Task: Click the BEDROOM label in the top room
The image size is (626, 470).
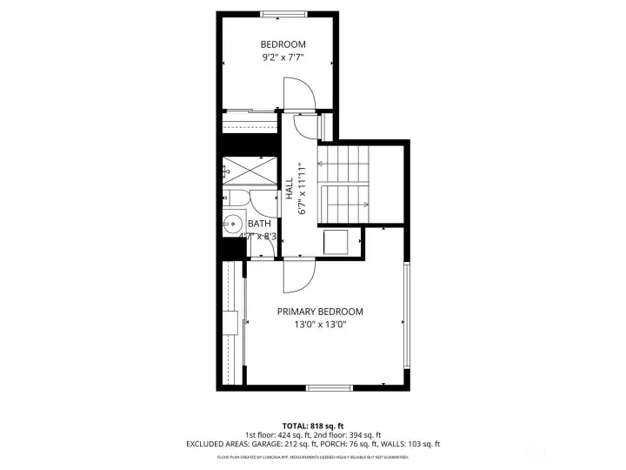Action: [283, 44]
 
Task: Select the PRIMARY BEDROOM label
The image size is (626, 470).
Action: [320, 312]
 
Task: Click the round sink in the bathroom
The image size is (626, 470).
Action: [232, 224]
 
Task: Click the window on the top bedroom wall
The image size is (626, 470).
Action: [277, 13]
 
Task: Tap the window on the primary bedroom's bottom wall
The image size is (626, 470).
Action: [328, 387]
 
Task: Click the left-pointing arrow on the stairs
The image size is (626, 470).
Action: [325, 162]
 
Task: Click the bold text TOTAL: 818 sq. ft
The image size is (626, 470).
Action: [312, 424]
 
